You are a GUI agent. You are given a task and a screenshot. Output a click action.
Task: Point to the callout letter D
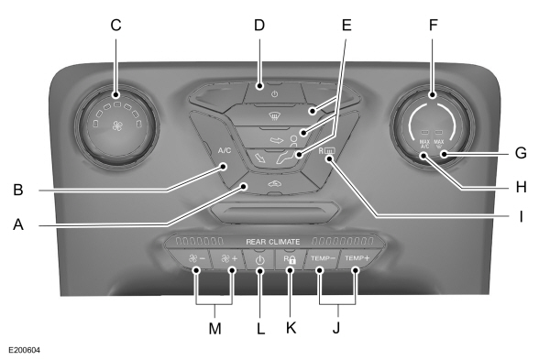pyautogui.click(x=259, y=25)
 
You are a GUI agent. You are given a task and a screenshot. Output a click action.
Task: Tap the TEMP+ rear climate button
pyautogui.click(x=356, y=260)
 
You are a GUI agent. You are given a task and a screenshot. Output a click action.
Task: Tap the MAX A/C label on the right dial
pyautogui.click(x=423, y=145)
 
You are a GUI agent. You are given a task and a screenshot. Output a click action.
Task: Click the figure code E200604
pyautogui.click(x=27, y=349)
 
